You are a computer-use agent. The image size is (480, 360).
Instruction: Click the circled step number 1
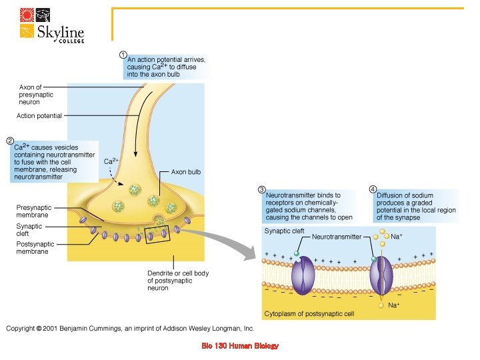[x=123, y=54]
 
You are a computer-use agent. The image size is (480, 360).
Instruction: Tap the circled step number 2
[x=10, y=141]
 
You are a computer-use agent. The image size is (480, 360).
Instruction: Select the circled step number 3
[x=262, y=189]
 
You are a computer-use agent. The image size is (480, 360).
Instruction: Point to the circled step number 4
[x=373, y=189]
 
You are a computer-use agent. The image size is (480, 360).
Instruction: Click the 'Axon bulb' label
[x=186, y=171]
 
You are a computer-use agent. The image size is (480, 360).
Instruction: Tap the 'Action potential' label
[x=39, y=115]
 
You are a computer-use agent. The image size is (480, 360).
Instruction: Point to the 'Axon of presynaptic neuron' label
[x=30, y=95]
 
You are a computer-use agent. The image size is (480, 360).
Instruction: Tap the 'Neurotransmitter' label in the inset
[x=337, y=237]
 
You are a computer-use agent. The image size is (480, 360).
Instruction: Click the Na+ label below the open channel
[x=394, y=305]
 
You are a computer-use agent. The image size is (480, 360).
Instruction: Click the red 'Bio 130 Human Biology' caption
[x=239, y=346]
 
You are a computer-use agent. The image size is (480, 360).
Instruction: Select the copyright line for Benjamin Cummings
[x=131, y=328]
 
